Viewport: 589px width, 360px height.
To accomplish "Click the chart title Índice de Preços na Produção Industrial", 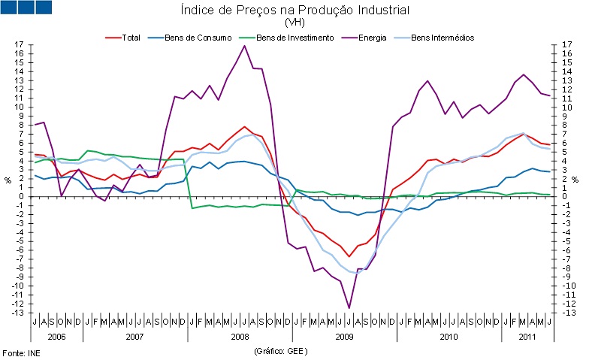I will coord(294,10).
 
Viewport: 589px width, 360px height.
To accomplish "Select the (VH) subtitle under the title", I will coord(294,23).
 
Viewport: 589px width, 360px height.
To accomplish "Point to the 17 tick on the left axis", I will coord(19,44).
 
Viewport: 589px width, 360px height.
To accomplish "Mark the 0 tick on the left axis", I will coord(21,196).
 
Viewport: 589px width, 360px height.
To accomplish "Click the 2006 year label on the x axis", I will coord(56,337).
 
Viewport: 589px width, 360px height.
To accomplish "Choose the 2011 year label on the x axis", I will coord(528,337).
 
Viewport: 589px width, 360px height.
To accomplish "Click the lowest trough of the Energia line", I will coord(349,308).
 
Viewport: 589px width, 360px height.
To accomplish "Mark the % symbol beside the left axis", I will coord(8,180).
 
